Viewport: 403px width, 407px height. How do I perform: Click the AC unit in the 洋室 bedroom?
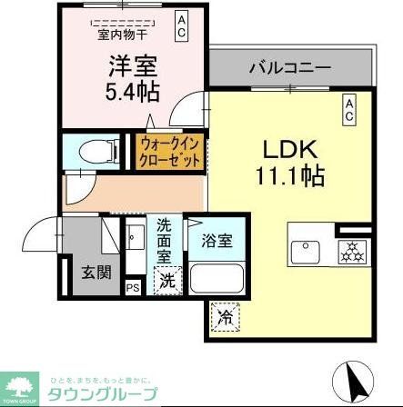point(182,24)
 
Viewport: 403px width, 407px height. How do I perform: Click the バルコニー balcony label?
point(290,68)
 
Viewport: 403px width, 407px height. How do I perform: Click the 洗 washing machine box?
point(168,282)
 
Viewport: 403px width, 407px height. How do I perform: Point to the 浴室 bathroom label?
point(215,243)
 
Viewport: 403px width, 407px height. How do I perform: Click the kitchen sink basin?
point(306,251)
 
